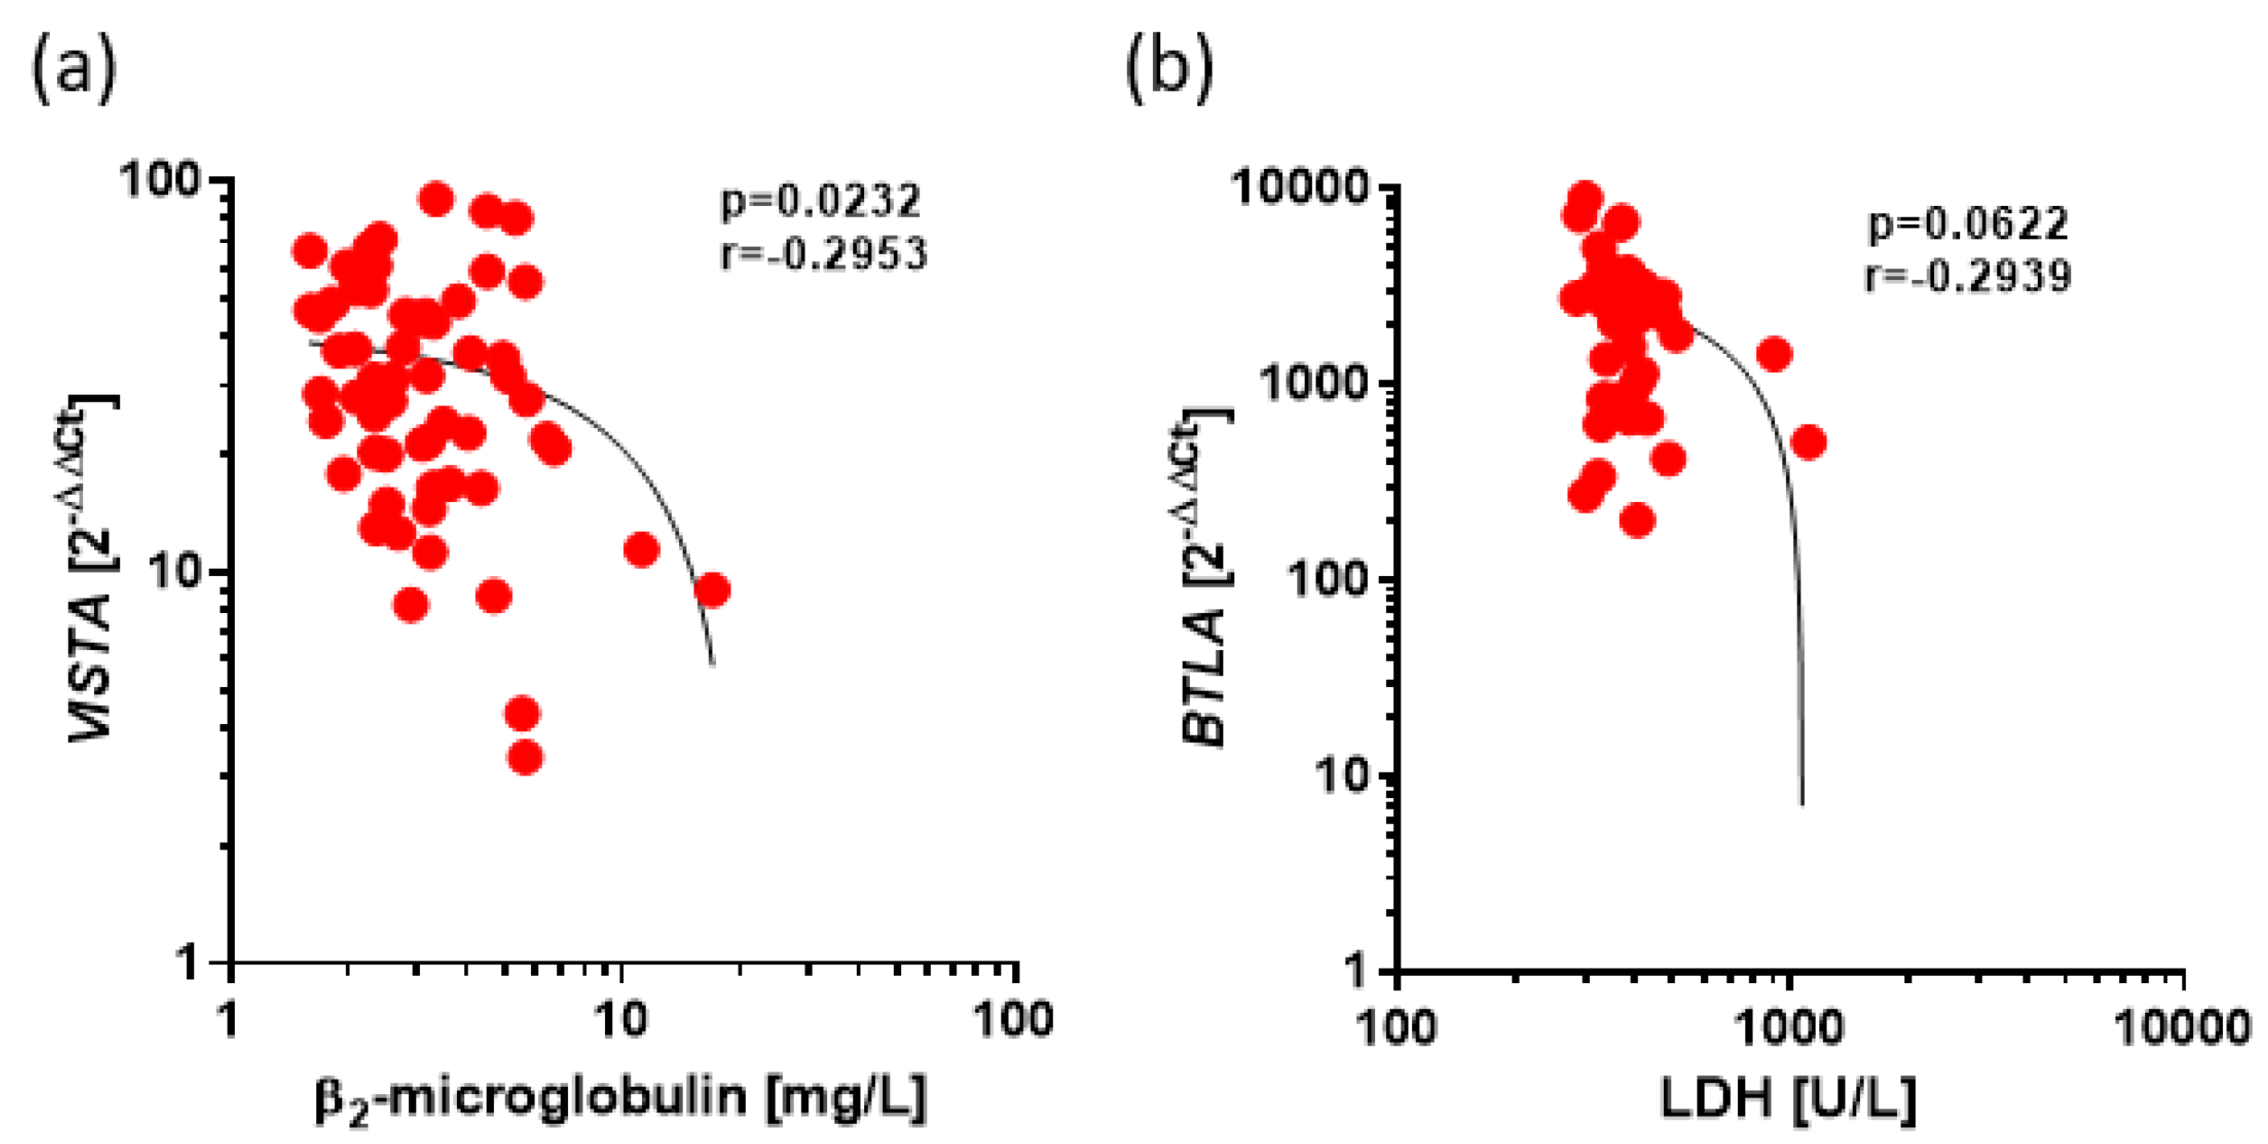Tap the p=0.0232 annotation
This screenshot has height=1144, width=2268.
click(x=821, y=201)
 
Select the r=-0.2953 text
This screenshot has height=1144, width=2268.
click(x=823, y=253)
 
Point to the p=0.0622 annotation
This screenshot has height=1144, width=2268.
click(x=1969, y=224)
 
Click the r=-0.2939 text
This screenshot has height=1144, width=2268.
click(x=1969, y=276)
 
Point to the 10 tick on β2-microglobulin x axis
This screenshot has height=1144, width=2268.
click(x=622, y=1020)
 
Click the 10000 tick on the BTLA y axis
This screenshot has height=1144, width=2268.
click(x=1300, y=187)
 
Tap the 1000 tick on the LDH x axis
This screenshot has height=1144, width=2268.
click(x=1788, y=1027)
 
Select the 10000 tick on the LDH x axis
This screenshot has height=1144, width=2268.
click(x=2182, y=1027)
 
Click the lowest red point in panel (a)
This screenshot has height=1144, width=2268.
click(x=525, y=756)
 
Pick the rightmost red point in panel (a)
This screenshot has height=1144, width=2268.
click(x=711, y=590)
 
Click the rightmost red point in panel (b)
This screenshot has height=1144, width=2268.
click(x=1809, y=442)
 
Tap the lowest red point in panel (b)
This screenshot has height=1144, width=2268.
click(x=1636, y=521)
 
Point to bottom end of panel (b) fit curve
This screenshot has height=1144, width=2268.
click(x=1801, y=802)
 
